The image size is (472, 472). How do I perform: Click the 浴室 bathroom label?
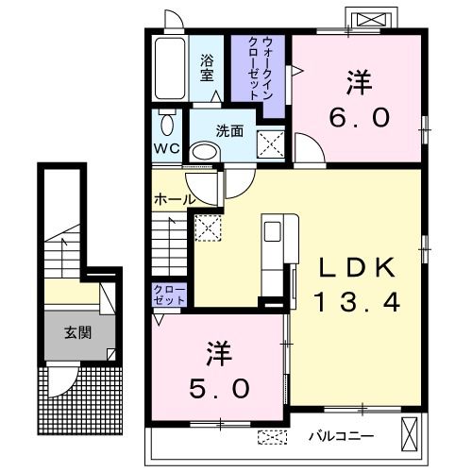coord(207,68)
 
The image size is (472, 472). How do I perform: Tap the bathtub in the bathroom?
coord(170,68)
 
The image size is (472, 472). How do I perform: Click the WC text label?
coord(166,148)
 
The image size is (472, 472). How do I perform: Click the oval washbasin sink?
coord(205,153)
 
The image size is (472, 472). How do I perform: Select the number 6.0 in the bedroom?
coord(360,117)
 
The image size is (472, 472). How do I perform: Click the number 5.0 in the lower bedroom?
coord(219,388)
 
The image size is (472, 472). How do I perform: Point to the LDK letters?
coord(357,267)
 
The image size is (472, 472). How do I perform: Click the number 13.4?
coord(357,301)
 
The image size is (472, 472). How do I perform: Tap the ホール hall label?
coord(174,199)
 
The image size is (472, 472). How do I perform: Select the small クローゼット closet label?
coord(169,295)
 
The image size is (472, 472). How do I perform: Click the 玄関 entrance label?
coord(77,332)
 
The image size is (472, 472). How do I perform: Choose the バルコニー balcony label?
coord(342,436)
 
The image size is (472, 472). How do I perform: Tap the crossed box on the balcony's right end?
coord(410,435)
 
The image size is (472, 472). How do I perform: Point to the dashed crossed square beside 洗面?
coord(271,144)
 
